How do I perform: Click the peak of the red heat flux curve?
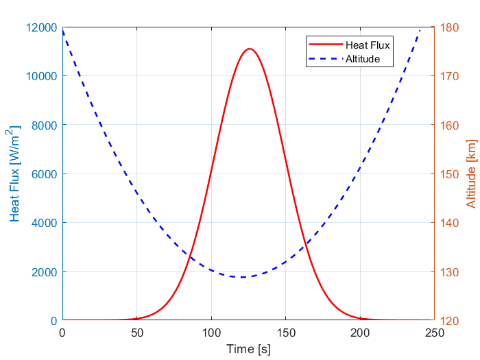(250, 49)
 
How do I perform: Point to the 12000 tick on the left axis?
(42, 27)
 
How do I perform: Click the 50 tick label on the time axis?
(136, 333)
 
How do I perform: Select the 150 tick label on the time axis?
(285, 333)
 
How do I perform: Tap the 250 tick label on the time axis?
(434, 333)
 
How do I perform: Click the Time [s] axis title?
(248, 349)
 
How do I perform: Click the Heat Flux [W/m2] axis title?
(15, 173)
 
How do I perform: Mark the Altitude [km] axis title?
(470, 173)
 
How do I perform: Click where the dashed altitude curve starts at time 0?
(62, 31)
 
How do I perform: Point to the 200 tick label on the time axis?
(360, 333)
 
